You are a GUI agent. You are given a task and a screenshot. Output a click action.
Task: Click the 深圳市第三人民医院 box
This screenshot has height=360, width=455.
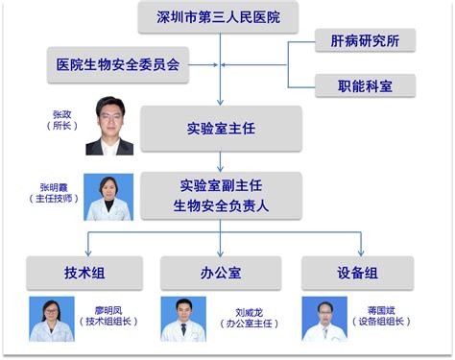[x=218, y=17]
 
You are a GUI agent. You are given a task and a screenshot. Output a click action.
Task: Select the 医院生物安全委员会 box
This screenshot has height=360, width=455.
[x=118, y=64]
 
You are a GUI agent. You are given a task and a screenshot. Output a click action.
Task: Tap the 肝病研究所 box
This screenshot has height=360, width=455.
[x=365, y=40]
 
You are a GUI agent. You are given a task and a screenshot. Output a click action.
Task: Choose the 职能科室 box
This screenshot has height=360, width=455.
[x=365, y=85]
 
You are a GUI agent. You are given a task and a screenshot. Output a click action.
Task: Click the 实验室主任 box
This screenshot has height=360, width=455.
[x=221, y=129]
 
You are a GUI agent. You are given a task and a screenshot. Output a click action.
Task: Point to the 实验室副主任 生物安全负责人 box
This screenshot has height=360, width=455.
[x=221, y=196]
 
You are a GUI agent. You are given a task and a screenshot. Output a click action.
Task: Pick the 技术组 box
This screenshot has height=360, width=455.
[x=84, y=273]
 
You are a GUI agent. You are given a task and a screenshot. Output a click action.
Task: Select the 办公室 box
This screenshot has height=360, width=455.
[x=221, y=273]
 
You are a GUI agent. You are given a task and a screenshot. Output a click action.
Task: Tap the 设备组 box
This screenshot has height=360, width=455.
[x=358, y=273]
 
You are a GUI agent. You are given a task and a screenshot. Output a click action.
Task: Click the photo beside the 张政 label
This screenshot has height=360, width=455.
[x=109, y=126]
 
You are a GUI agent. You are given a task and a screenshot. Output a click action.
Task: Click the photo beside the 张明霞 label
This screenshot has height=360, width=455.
[x=108, y=197]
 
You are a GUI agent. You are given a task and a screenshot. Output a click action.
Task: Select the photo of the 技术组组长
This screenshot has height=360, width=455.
[x=52, y=319]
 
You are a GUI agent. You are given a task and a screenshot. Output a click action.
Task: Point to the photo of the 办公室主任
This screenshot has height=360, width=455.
[x=183, y=319]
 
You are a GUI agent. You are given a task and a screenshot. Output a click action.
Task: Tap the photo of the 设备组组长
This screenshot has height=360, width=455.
[x=324, y=319]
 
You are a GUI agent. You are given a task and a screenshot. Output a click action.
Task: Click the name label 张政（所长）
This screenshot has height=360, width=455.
[x=62, y=120]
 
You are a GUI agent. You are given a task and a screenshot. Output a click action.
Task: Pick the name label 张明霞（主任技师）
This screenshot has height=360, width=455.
[x=54, y=193]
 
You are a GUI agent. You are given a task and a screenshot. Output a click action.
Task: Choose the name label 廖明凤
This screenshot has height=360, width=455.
[x=108, y=310]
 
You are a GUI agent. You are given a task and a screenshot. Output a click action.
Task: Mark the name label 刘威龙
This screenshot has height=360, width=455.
[x=250, y=313]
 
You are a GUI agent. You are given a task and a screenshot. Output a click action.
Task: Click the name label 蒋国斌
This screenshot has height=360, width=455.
[x=381, y=310]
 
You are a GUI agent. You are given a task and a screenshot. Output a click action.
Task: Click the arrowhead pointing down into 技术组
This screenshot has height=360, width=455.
[x=88, y=253]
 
